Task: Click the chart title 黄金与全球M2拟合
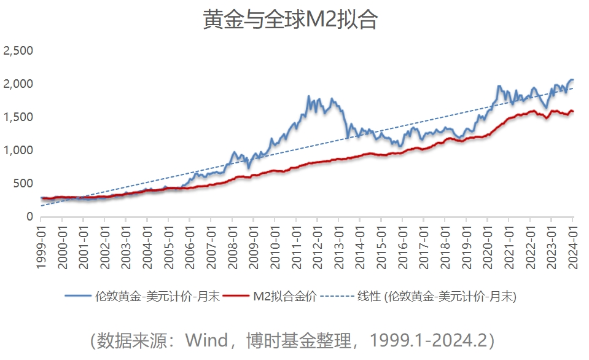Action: pyautogui.click(x=290, y=20)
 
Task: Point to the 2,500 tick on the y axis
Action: pyautogui.click(x=18, y=50)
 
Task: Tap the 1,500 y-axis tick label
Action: pyautogui.click(x=18, y=117)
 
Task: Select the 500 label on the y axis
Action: pyautogui.click(x=23, y=183)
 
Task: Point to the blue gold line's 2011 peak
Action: pyautogui.click(x=308, y=96)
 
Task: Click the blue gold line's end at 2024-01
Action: pyautogui.click(x=572, y=80)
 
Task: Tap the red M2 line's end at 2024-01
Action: pyautogui.click(x=572, y=111)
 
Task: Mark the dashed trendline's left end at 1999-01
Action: pyautogui.click(x=41, y=206)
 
